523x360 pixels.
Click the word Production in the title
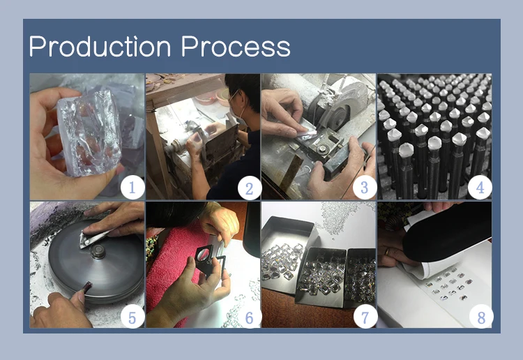(x=100, y=46)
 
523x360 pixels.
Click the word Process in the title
(x=236, y=46)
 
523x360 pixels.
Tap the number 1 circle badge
(x=132, y=188)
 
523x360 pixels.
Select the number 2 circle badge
(x=249, y=189)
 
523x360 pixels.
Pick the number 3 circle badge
(x=365, y=188)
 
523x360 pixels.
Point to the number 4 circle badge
(x=480, y=188)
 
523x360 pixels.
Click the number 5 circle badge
(x=132, y=317)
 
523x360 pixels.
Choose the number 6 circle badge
(x=249, y=317)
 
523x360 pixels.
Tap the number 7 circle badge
(x=365, y=317)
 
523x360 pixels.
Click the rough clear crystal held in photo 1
(x=89, y=133)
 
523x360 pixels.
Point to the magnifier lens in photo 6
(x=204, y=255)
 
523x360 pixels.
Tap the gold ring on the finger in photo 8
(x=386, y=251)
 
